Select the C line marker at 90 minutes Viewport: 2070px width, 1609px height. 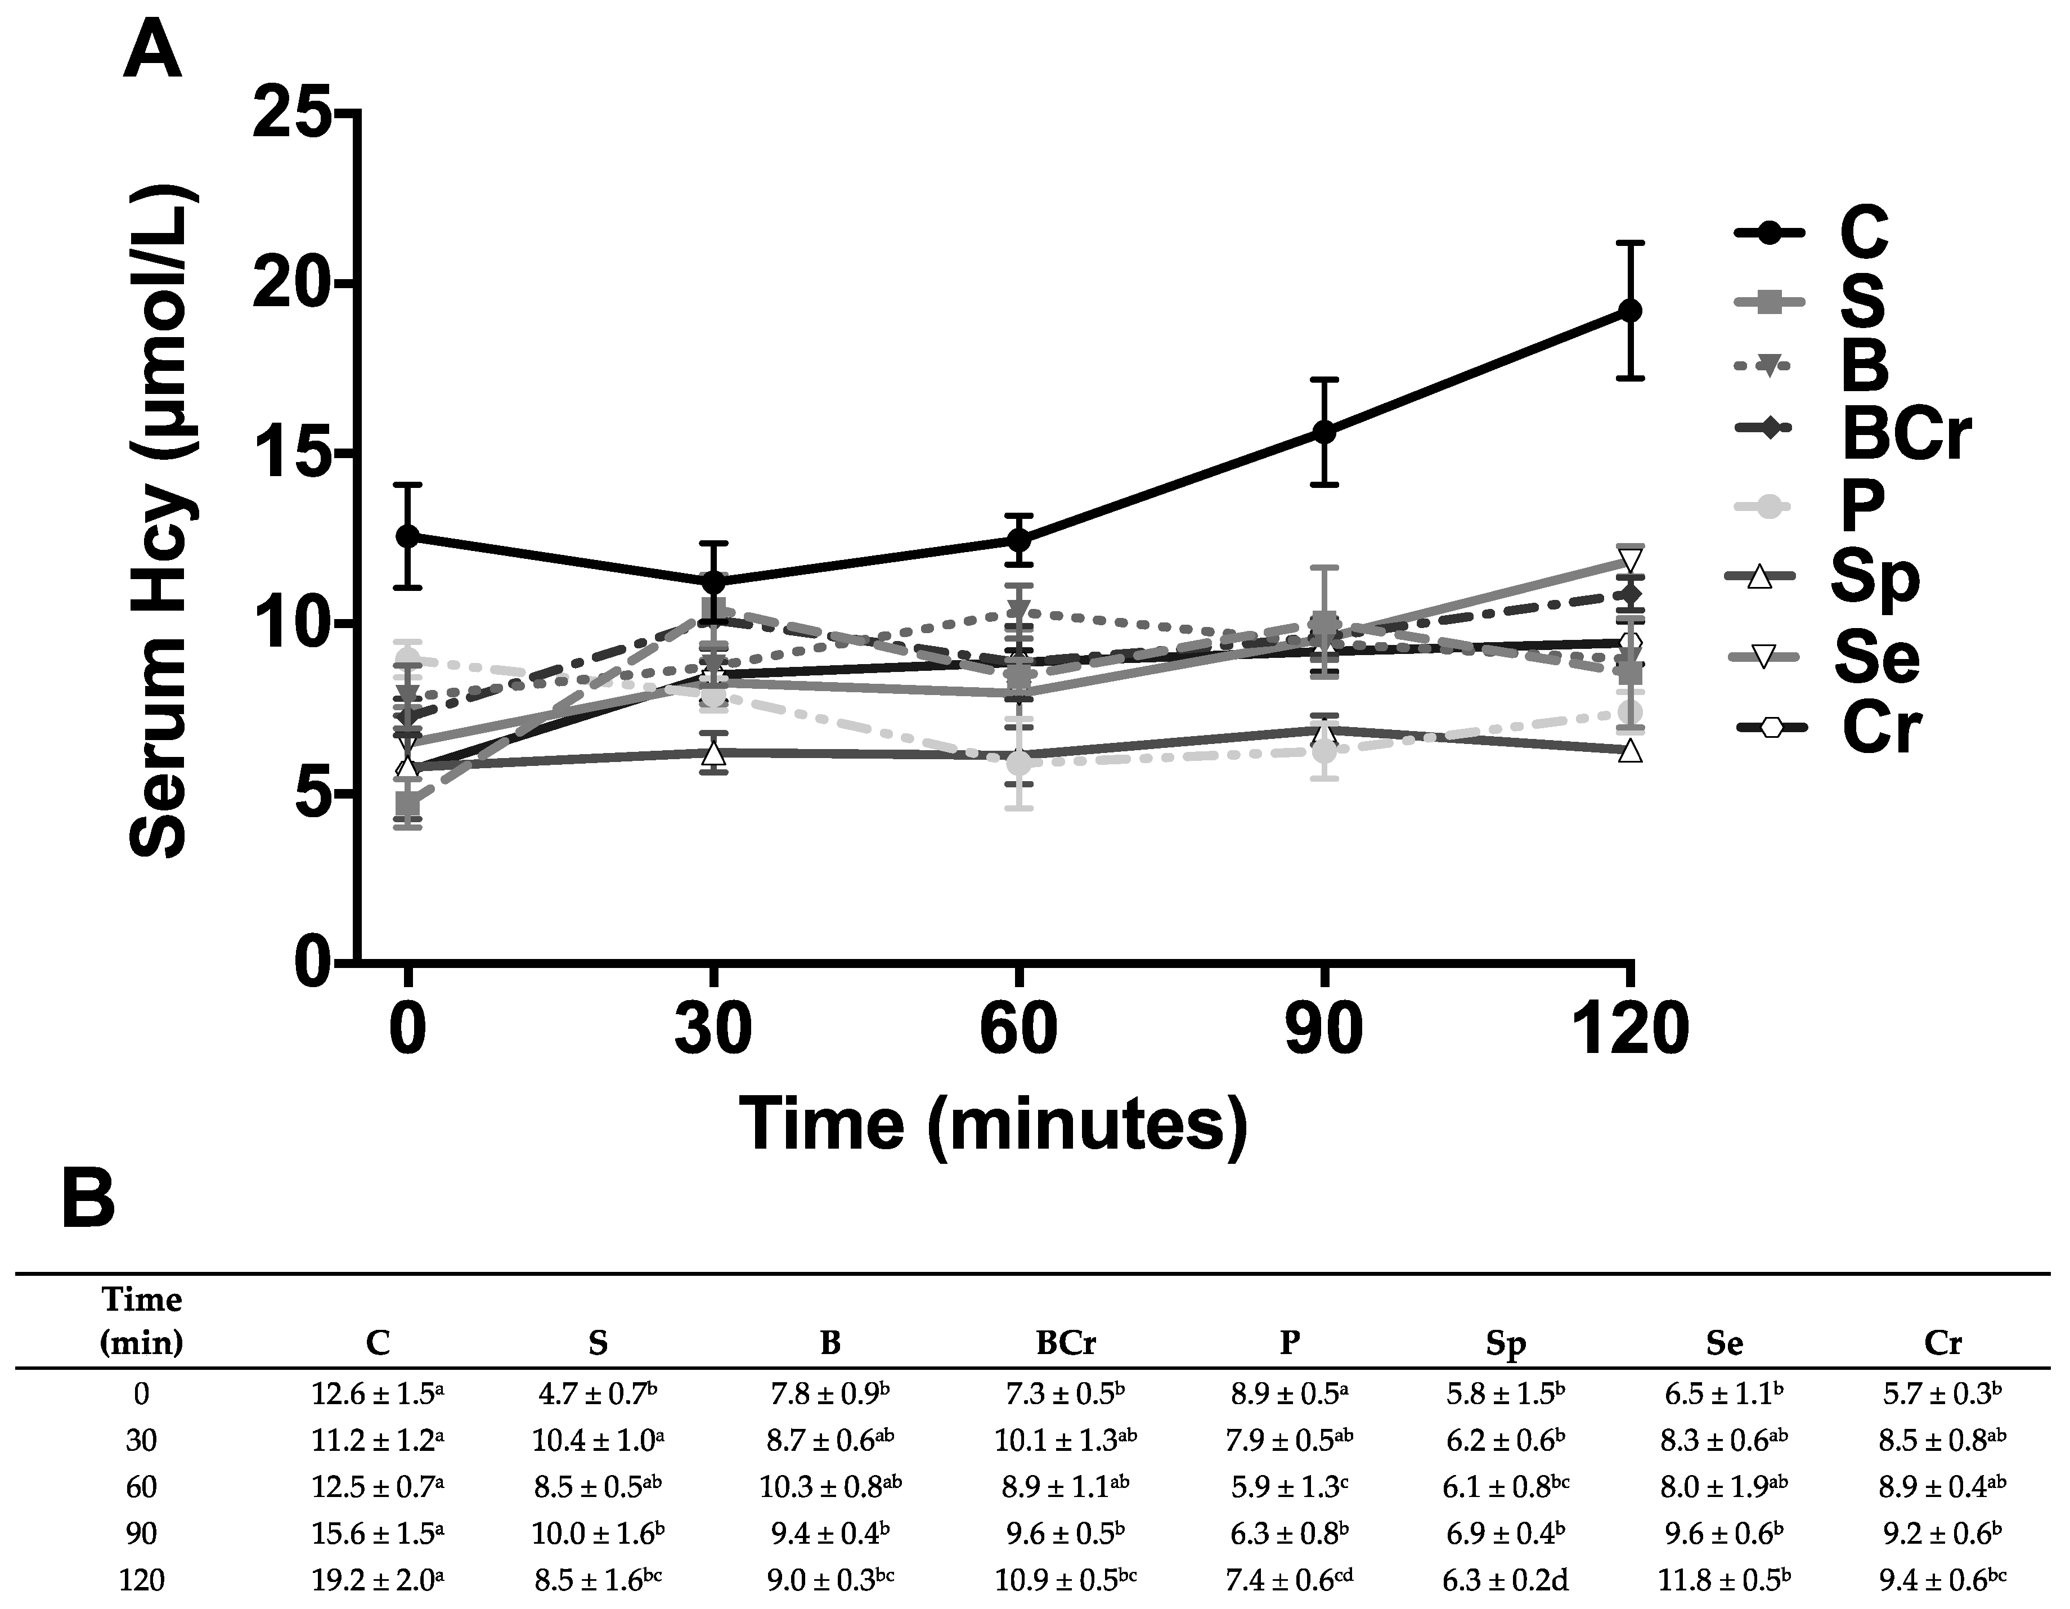pyautogui.click(x=1324, y=432)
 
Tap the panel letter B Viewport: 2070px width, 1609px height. pyautogui.click(x=88, y=1200)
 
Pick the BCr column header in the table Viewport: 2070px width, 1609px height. pyautogui.click(x=1065, y=1343)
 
